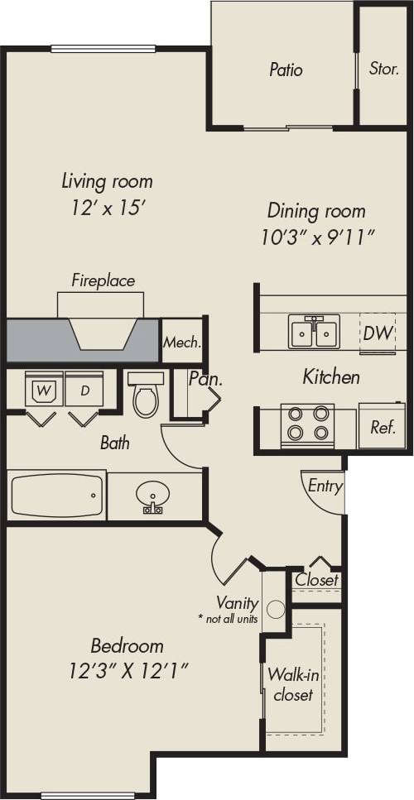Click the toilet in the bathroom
pos(147,395)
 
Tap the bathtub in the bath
pos(56,496)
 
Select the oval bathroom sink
pos(152,496)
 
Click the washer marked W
pos(42,390)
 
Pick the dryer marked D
pos(84,390)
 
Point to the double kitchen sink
pos(314,333)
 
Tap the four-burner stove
pos(306,424)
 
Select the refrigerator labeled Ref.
pos(382,428)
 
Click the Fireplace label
pos(103,280)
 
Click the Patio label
pos(286,69)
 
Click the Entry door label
pos(325,486)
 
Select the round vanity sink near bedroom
pos(276,611)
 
